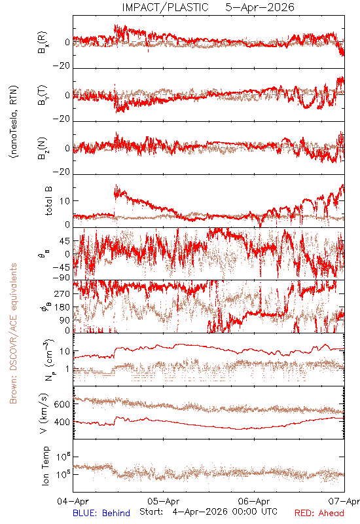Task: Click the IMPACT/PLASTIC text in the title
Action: coord(165,7)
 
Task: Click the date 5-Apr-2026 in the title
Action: coord(260,7)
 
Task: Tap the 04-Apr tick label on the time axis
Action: coord(73,501)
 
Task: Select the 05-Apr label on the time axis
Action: coord(164,501)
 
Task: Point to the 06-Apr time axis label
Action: coord(254,501)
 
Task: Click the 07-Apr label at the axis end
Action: coord(344,501)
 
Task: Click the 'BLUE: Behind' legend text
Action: coord(101,513)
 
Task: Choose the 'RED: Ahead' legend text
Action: coord(319,513)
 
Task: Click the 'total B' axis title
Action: coord(48,201)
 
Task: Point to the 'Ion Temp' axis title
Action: coord(45,466)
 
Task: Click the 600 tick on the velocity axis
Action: coord(62,404)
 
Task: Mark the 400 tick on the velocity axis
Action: coord(62,422)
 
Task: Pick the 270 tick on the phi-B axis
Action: coord(62,293)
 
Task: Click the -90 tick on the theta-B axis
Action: coord(62,278)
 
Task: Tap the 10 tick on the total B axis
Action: coord(65,201)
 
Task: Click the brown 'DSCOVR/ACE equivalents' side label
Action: coord(13,333)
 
